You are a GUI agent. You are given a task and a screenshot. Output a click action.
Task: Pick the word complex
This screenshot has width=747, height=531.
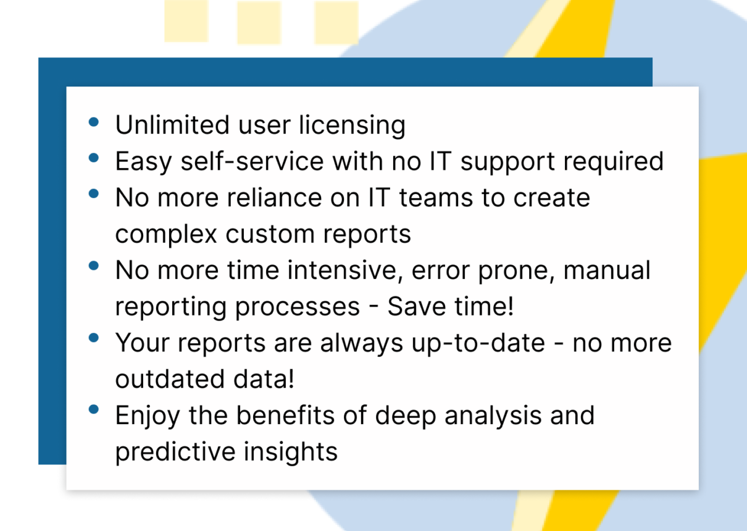coord(166,235)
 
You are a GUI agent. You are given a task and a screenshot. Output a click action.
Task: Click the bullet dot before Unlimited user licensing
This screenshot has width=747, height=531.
coord(94,122)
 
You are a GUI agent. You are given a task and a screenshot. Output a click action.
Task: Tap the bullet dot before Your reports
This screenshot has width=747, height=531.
coord(94,338)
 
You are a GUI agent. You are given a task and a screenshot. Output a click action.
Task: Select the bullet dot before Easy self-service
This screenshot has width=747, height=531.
coord(94,158)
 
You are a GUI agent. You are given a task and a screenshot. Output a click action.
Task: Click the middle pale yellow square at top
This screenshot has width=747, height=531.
coord(259,22)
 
